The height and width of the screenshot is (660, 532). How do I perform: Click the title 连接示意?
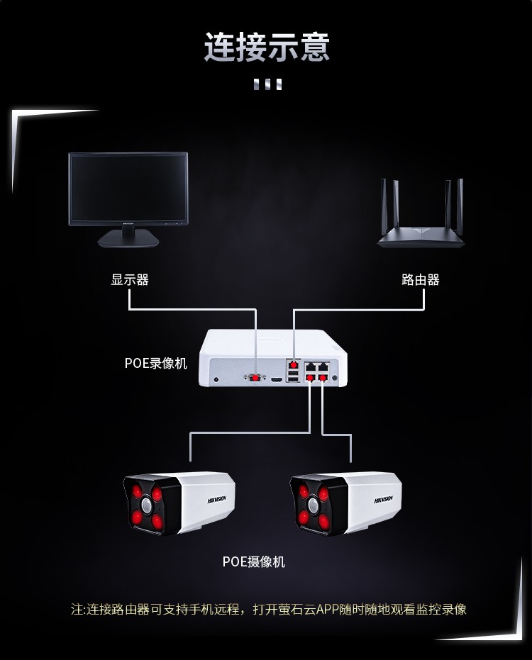click(267, 46)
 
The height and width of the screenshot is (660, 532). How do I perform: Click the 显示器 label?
click(130, 279)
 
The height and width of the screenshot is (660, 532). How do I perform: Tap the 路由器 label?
click(421, 279)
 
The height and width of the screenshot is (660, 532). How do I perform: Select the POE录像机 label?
click(155, 363)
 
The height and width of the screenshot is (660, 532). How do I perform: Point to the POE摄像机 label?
click(253, 561)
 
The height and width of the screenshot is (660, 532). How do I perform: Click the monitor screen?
click(128, 187)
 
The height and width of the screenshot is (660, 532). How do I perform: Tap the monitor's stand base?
click(128, 240)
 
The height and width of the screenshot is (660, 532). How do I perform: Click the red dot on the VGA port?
click(255, 378)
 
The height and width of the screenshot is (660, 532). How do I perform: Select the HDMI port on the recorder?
click(277, 380)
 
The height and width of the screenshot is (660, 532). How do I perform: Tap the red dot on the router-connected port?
click(294, 364)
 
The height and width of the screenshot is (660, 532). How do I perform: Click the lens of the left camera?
click(146, 505)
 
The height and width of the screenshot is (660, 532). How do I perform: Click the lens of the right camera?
click(313, 505)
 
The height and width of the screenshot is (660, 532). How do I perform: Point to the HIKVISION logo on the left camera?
click(217, 500)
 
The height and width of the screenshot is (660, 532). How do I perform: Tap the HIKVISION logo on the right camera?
click(384, 500)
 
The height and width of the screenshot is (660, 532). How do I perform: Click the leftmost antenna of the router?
click(384, 206)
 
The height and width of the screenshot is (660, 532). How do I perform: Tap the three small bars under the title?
click(267, 84)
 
